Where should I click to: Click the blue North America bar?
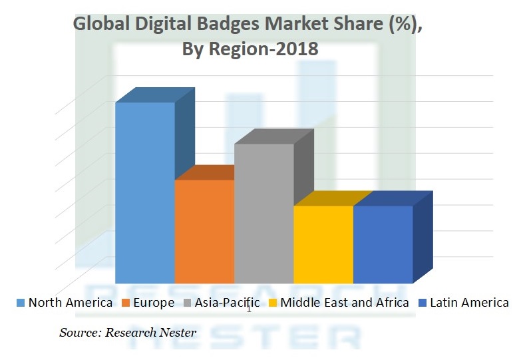(x=145, y=193)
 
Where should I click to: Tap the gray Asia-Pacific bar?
(x=263, y=213)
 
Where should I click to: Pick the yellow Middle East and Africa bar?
(x=323, y=244)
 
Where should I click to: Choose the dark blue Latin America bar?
(x=383, y=244)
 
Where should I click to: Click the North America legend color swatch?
(x=21, y=303)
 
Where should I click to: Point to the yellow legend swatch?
(x=271, y=303)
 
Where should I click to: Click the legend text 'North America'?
(x=71, y=303)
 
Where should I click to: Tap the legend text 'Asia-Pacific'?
(x=228, y=303)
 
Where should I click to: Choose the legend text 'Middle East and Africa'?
(x=345, y=303)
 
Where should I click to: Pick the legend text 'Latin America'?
(x=469, y=303)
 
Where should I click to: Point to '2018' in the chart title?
(x=295, y=49)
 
